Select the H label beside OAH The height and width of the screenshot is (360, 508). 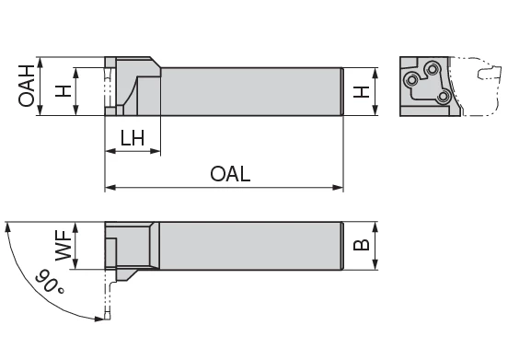pyautogui.click(x=63, y=90)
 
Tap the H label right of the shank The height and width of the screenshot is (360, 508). pyautogui.click(x=363, y=91)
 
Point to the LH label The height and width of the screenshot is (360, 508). pyautogui.click(x=133, y=138)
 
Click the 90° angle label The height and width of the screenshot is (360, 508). pyautogui.click(x=48, y=283)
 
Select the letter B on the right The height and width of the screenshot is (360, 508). pyautogui.click(x=362, y=245)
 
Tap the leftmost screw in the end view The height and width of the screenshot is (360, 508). pyautogui.click(x=412, y=79)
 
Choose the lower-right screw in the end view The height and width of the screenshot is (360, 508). pyautogui.click(x=444, y=95)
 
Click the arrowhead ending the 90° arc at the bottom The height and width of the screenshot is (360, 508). pyautogui.click(x=96, y=318)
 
